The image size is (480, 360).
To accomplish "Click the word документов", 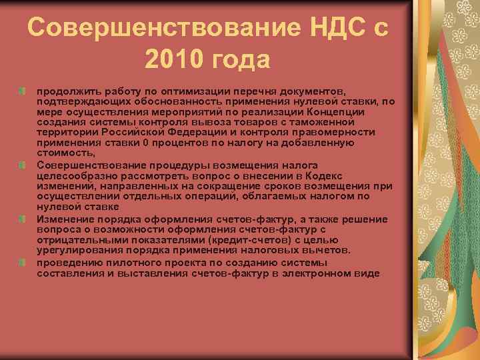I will point(313,90).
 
